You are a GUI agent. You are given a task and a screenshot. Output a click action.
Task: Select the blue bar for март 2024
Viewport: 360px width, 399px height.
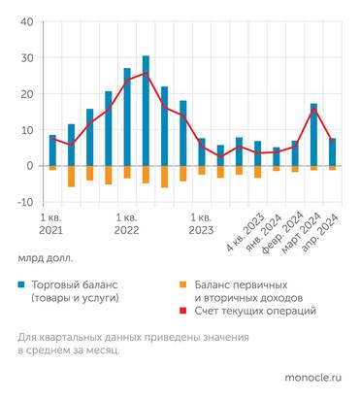coord(313,135)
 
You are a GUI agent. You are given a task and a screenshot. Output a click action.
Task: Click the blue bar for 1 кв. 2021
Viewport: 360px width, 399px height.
coord(53,150)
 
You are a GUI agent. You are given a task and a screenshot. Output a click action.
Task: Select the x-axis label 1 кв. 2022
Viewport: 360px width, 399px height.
coord(126,222)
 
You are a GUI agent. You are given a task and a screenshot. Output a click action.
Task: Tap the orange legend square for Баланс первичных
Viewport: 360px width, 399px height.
coord(184,284)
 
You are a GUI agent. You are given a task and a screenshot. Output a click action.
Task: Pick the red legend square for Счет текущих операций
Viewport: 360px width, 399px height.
coord(184,310)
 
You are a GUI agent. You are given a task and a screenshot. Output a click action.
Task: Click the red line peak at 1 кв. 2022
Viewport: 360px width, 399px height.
coord(146,73)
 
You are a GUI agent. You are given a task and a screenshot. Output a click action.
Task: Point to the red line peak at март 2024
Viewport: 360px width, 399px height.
coord(313,109)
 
